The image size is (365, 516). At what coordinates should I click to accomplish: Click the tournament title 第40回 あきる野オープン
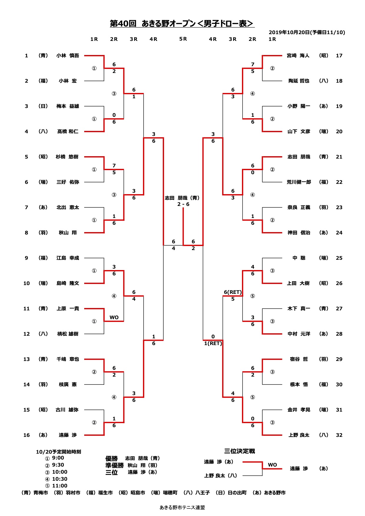[153, 24]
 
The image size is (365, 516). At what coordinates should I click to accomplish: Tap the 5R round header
[183, 39]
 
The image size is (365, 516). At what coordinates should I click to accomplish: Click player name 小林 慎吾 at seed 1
[68, 56]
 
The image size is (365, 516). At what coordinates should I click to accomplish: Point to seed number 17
[339, 56]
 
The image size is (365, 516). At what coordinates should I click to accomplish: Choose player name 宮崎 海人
[298, 56]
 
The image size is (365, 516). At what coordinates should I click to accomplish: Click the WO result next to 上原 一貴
[114, 317]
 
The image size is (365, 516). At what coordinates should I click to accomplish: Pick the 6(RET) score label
[233, 292]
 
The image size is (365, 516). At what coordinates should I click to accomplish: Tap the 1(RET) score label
[213, 343]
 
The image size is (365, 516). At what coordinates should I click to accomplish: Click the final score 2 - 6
[183, 204]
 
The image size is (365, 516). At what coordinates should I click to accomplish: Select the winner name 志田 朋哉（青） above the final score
[182, 198]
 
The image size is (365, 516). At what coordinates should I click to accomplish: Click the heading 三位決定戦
[239, 451]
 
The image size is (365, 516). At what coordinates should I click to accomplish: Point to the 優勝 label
[112, 458]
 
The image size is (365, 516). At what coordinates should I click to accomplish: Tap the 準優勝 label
[115, 465]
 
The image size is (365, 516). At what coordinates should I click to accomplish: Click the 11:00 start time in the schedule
[59, 486]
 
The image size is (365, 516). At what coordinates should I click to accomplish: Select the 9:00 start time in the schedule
[58, 458]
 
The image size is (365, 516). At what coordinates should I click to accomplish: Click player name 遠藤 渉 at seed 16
[68, 435]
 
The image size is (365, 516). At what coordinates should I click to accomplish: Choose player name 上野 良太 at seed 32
[299, 435]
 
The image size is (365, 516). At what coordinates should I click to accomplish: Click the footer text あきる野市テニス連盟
[182, 507]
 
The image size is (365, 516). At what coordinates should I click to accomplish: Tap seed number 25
[339, 258]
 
